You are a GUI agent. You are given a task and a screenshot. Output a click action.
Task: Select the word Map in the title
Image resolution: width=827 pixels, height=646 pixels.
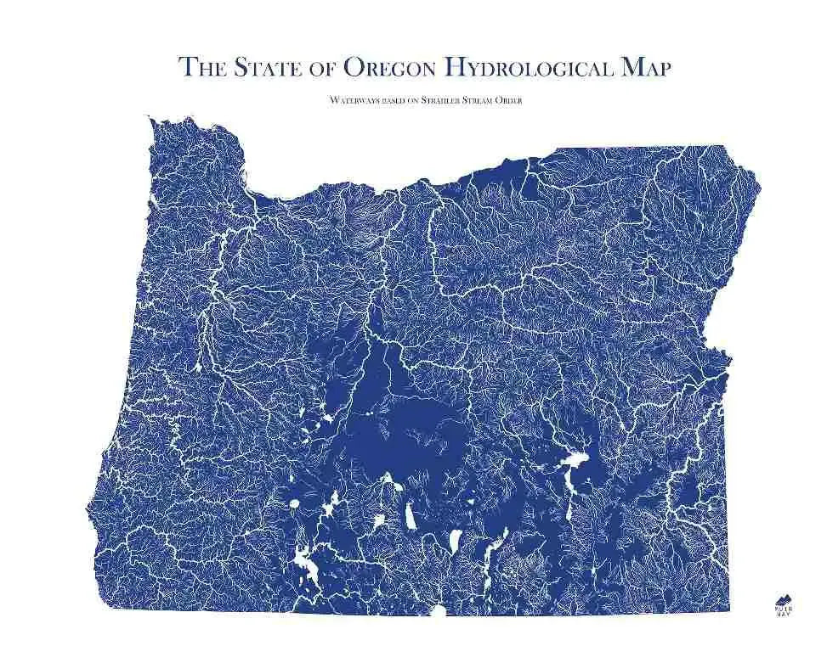[645, 67]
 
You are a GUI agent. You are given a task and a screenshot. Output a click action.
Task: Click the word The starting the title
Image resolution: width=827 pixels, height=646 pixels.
[202, 67]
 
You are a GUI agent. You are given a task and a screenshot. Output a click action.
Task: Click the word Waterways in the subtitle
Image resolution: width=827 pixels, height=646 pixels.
[352, 100]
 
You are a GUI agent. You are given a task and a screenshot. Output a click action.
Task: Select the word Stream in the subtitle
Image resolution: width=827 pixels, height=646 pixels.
[484, 100]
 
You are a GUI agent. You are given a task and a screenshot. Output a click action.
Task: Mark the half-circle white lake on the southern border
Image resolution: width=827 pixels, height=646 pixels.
[439, 610]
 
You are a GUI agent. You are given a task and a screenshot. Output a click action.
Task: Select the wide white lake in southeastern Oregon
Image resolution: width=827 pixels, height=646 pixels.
[575, 463]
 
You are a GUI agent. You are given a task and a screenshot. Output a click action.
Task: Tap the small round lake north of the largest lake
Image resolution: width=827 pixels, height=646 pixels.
[295, 504]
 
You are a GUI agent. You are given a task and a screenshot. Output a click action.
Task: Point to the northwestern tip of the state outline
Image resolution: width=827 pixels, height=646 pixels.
[153, 119]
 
